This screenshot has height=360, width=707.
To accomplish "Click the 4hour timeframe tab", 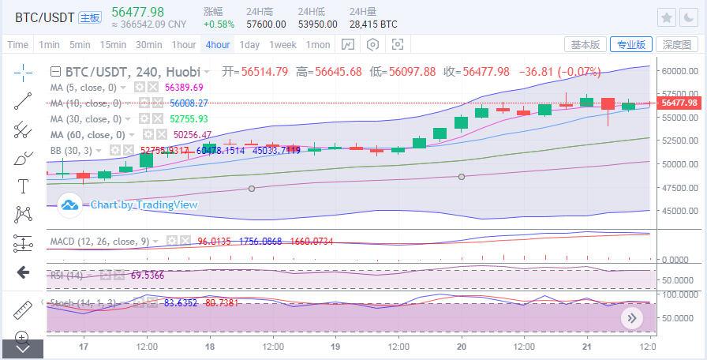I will [x=217, y=45].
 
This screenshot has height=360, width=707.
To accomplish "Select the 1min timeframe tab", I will [x=50, y=45].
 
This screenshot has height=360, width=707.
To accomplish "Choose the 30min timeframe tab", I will [x=148, y=45].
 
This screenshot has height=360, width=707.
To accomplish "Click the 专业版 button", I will [x=630, y=45].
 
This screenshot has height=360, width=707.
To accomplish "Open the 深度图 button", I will [x=676, y=45].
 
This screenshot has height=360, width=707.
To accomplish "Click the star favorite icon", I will [x=667, y=17].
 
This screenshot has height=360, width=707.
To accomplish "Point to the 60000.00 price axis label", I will [x=680, y=70].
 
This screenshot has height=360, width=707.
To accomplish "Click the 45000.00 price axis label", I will [x=680, y=211].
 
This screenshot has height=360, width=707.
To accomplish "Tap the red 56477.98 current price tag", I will [x=679, y=103].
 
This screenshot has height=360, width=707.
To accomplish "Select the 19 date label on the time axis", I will [x=335, y=347].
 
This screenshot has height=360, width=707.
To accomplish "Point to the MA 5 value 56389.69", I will [x=184, y=87].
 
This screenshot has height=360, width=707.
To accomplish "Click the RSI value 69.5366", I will [x=125, y=275].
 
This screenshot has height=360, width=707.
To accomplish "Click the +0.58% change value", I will [x=219, y=24].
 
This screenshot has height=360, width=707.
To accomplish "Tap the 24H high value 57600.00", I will [x=266, y=24].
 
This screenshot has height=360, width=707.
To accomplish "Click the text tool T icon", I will [x=23, y=186].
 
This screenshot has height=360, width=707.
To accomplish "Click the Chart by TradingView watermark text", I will [x=144, y=205].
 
